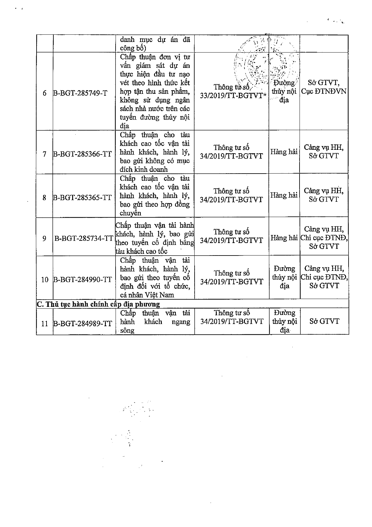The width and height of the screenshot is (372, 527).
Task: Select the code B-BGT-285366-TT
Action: tap(82, 154)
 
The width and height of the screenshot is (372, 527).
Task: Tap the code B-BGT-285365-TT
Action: tap(82, 198)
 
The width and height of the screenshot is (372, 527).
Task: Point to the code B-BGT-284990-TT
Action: tap(82, 280)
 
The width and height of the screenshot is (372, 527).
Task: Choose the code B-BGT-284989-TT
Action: tap(82, 324)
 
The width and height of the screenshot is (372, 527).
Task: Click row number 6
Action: tap(45, 94)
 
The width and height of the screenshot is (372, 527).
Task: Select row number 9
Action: tap(45, 238)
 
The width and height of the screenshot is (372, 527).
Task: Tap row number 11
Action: tap(45, 324)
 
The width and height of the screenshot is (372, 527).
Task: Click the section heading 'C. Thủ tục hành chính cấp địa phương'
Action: tap(98, 304)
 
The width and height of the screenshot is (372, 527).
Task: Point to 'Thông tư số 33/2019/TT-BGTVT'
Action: tap(232, 91)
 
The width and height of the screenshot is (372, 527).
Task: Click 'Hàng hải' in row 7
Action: tap(284, 152)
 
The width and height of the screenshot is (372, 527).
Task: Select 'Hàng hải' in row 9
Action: tap(284, 238)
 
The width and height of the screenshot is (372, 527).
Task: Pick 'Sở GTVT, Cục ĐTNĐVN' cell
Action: tap(324, 87)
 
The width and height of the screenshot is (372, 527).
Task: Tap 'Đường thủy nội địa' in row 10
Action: tap(284, 277)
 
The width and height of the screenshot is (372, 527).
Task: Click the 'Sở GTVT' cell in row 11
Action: tap(324, 321)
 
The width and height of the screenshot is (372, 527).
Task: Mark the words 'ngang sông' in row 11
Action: tap(156, 326)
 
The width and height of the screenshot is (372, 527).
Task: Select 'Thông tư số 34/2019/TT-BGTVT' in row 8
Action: tap(231, 195)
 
